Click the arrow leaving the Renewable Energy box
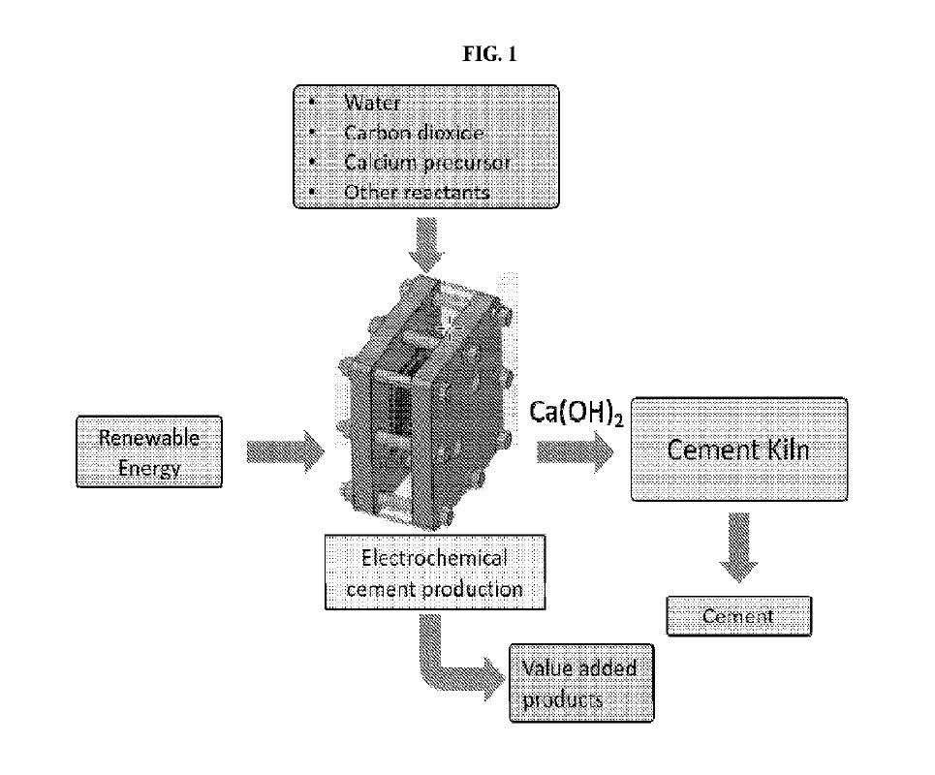point(285,452)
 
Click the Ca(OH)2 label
point(574,414)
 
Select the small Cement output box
point(738,616)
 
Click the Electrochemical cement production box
point(433,572)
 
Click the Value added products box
point(580,682)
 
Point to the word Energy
point(147,469)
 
